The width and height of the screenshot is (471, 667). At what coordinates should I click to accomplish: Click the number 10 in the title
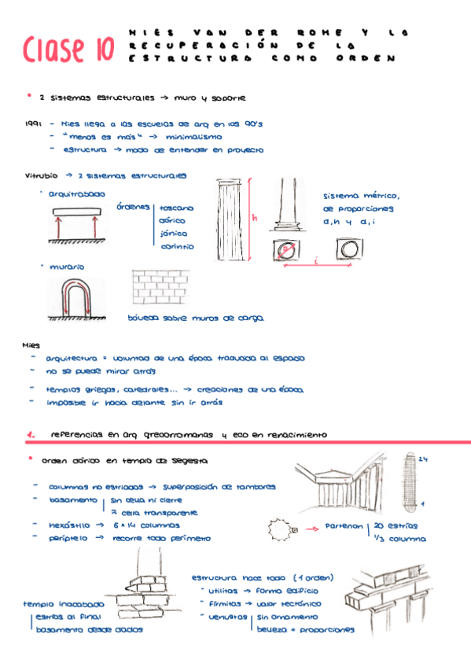(x=101, y=50)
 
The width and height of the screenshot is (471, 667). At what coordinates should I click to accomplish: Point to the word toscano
(x=177, y=208)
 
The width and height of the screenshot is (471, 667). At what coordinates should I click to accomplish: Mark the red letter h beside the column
(x=255, y=218)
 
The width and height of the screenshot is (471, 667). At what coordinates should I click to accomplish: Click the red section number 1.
(x=29, y=434)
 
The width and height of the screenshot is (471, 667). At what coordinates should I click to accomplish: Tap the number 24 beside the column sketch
(x=422, y=459)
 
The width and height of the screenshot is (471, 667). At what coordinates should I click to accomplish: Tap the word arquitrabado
(x=76, y=193)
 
